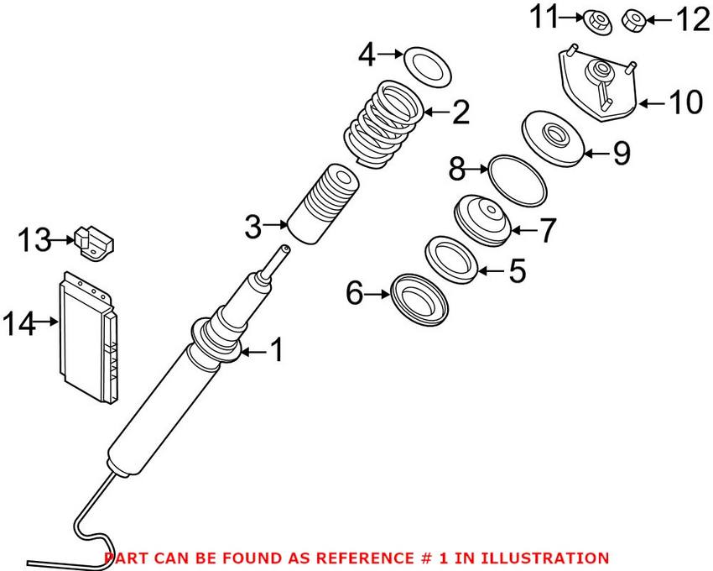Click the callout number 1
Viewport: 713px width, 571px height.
pyautogui.click(x=275, y=350)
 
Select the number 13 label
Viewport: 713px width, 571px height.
pyautogui.click(x=36, y=241)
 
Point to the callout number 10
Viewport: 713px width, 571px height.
pyautogui.click(x=684, y=103)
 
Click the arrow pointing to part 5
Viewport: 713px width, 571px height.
pyautogui.click(x=492, y=270)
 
